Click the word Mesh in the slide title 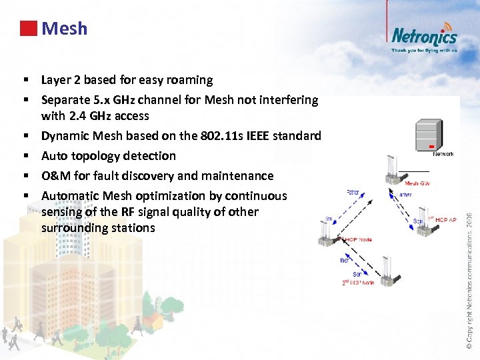pos(64,29)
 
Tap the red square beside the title pos(28,29)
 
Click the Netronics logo pos(423,36)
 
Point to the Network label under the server pos(443,154)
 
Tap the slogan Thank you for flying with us pos(424,50)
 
